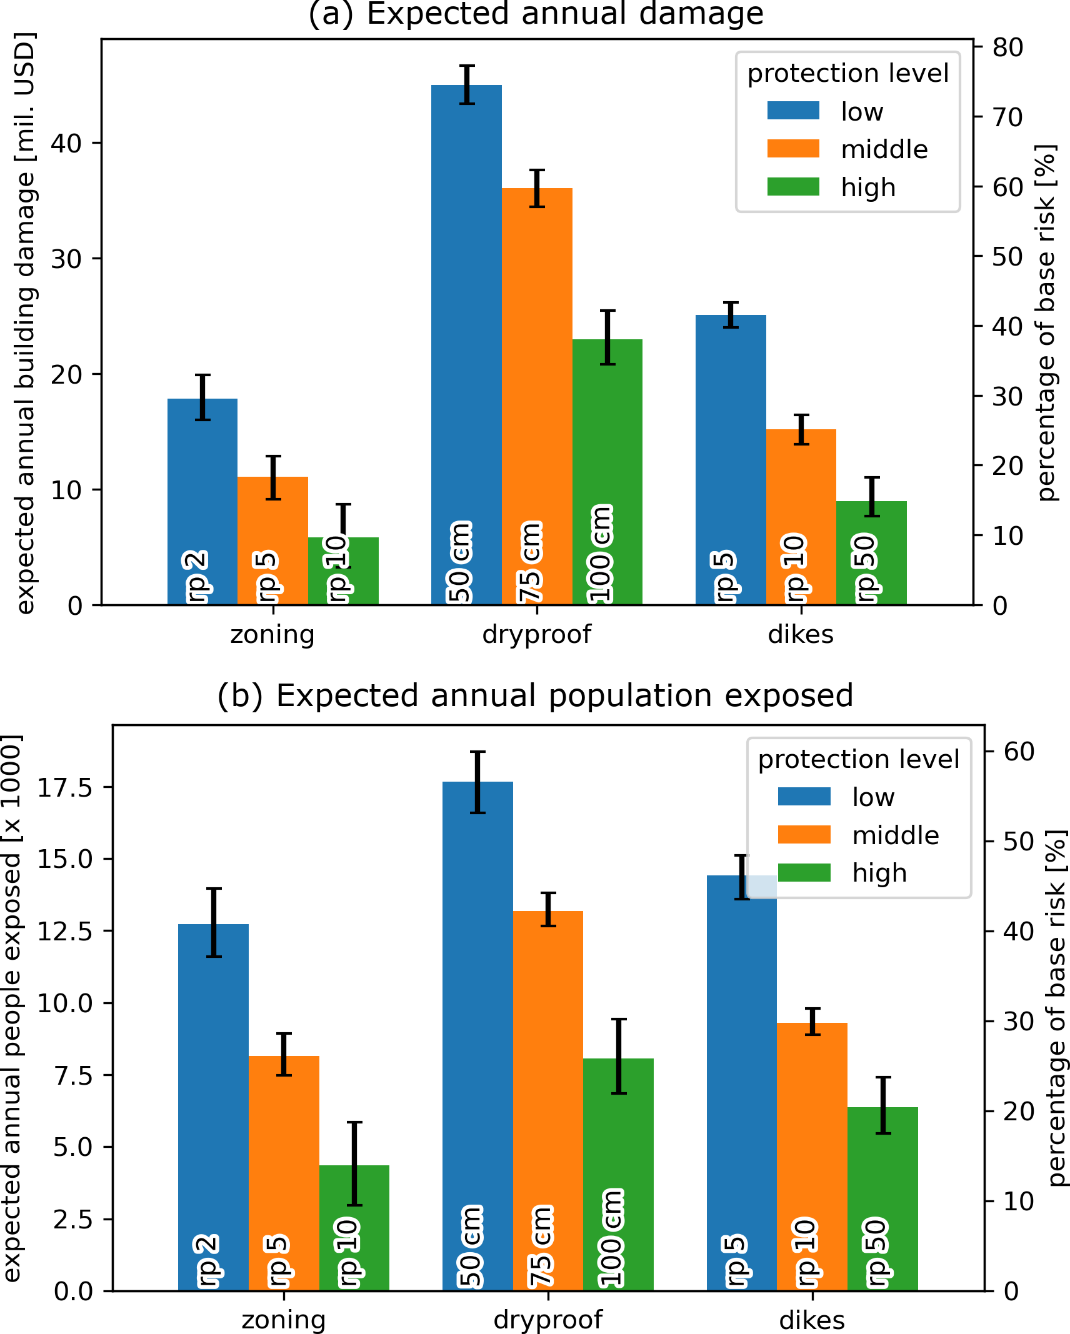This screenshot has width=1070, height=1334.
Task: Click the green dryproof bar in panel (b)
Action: (x=618, y=1156)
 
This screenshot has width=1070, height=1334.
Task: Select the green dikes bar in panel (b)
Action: (x=882, y=1187)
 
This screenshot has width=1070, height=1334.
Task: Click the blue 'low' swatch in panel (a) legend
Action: (x=793, y=111)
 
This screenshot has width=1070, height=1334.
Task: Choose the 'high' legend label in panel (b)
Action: (x=879, y=873)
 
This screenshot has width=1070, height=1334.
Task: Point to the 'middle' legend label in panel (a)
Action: (x=884, y=149)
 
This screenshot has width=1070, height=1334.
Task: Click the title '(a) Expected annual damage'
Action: (x=536, y=14)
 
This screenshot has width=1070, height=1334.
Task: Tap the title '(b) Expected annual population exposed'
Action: (x=535, y=695)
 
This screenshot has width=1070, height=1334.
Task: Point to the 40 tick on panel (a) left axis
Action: (x=66, y=143)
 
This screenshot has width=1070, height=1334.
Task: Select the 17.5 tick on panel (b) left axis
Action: (x=64, y=788)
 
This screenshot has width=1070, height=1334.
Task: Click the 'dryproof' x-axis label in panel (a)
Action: (x=536, y=635)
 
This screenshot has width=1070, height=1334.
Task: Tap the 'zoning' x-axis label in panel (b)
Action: (x=284, y=1320)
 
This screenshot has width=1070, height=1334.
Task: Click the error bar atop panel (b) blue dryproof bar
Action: (x=478, y=782)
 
